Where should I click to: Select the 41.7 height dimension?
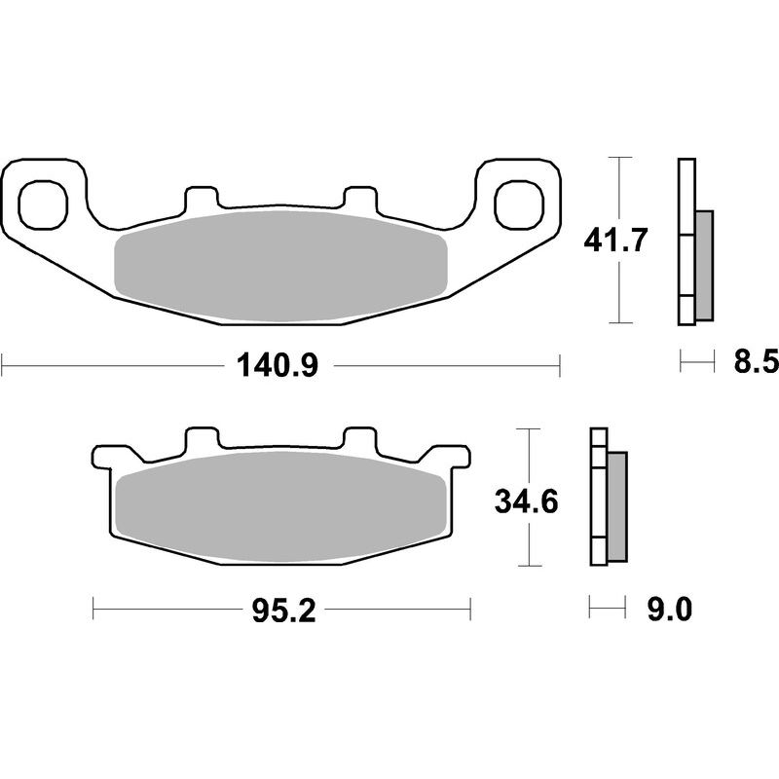(x=614, y=240)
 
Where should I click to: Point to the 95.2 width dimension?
(x=280, y=612)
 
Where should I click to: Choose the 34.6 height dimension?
(x=525, y=503)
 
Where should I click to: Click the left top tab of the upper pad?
(x=200, y=197)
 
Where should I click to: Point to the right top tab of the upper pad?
(x=360, y=197)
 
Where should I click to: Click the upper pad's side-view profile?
(x=693, y=241)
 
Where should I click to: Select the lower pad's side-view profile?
(x=607, y=497)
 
